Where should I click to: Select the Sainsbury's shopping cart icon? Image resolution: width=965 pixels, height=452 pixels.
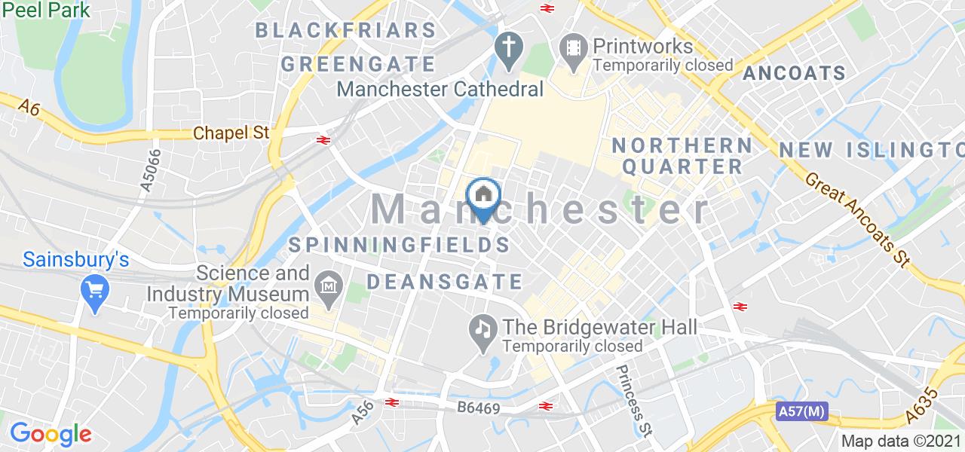click(95, 288)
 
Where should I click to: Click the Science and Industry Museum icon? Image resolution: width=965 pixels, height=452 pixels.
click(329, 286)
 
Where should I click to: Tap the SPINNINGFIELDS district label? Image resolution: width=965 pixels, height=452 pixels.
click(399, 245)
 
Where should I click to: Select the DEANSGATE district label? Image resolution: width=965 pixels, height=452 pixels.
click(445, 282)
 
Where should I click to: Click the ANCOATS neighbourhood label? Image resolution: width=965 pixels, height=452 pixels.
click(794, 73)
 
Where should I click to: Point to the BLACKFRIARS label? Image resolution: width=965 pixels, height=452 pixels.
click(346, 30)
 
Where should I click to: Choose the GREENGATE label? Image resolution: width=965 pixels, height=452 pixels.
click(358, 63)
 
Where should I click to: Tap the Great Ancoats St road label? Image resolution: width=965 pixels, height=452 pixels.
click(859, 224)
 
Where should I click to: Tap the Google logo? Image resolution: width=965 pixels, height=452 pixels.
click(51, 433)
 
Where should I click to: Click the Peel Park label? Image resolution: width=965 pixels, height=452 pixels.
click(45, 10)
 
